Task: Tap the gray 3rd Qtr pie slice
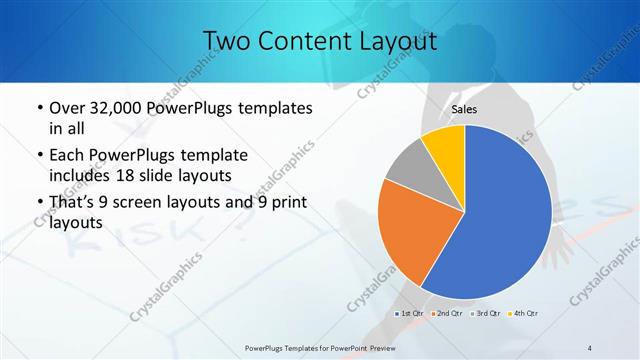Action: pyautogui.click(x=409, y=172)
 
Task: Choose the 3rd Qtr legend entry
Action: pyautogui.click(x=486, y=314)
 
